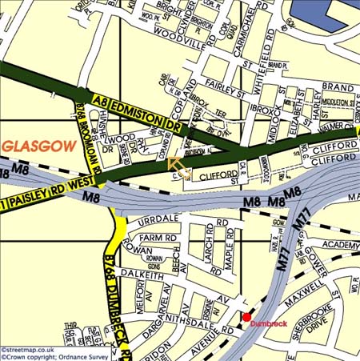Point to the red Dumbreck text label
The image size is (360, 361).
click(x=269, y=324)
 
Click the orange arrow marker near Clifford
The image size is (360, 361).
click(x=178, y=166)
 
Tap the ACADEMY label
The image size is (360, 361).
click(x=342, y=245)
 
